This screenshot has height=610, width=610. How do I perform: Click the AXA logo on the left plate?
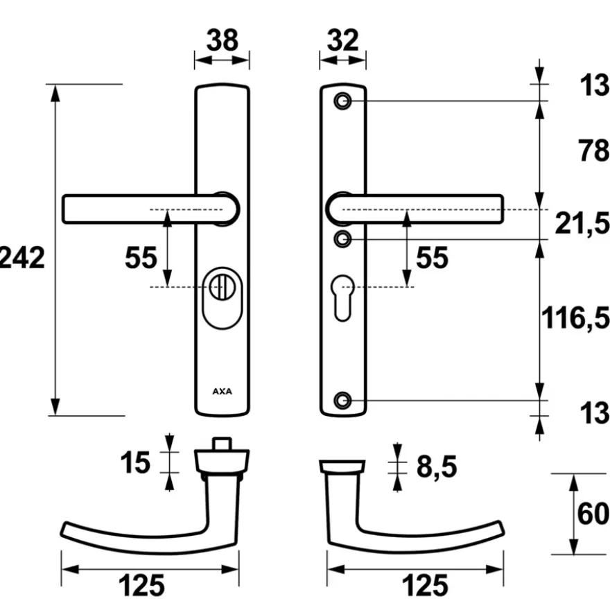(222, 392)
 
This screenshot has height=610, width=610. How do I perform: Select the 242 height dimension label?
(22, 258)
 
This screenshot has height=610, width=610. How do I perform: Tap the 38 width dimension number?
(222, 40)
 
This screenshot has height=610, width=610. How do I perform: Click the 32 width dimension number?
(342, 40)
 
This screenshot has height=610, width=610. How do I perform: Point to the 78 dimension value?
(593, 150)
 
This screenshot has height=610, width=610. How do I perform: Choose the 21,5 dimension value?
(582, 223)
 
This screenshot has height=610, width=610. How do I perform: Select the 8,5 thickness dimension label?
(437, 467)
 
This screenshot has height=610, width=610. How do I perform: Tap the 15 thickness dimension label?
(135, 462)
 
